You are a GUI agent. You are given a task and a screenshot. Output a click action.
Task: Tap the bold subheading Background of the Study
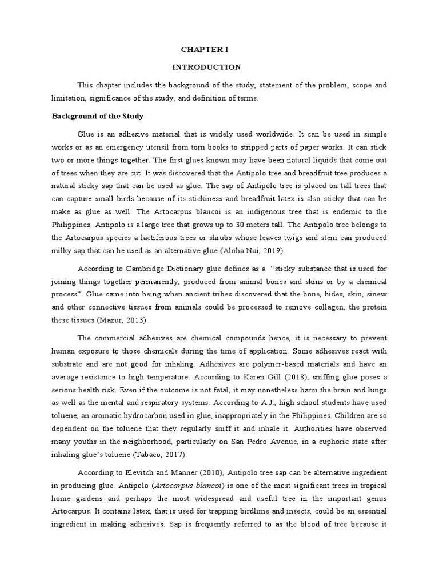click(98, 116)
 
